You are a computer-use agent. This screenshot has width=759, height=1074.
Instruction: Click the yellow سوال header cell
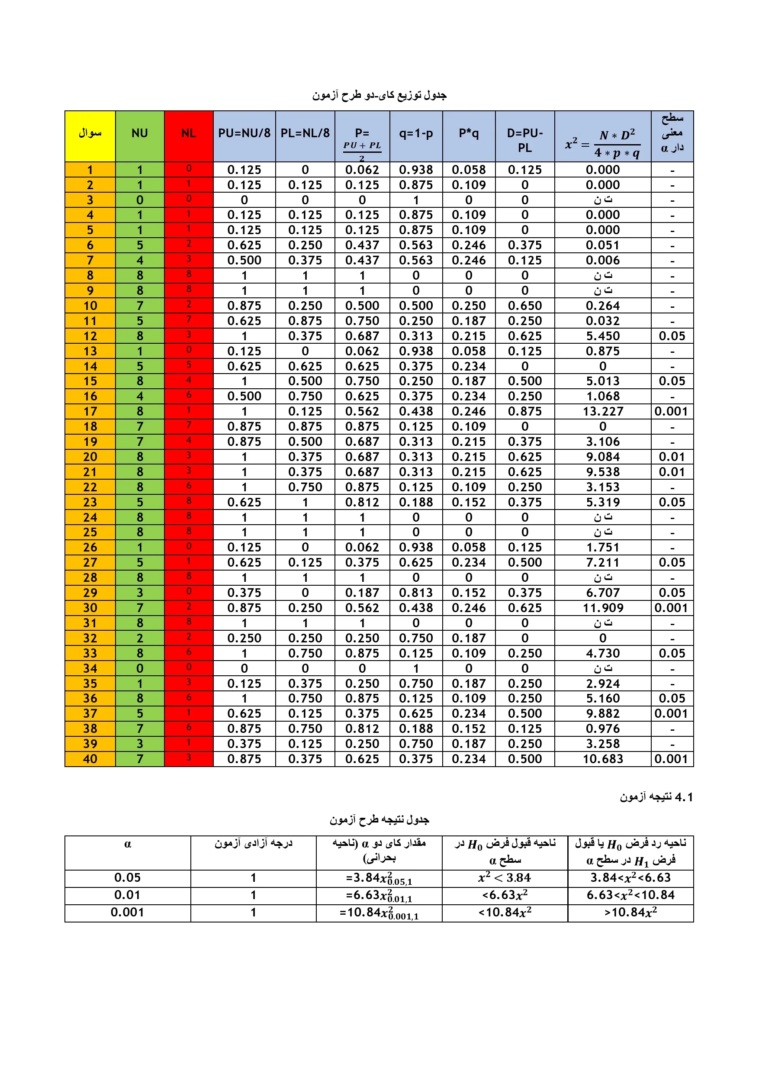(90, 133)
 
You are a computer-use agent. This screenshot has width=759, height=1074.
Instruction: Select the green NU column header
(139, 133)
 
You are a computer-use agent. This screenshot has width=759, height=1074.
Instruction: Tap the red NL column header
(189, 133)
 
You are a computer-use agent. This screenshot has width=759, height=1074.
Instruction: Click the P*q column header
(469, 133)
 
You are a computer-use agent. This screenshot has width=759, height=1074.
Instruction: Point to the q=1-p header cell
(416, 133)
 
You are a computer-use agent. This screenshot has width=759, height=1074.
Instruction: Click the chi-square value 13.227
(603, 412)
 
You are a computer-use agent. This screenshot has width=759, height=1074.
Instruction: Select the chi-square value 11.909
(603, 608)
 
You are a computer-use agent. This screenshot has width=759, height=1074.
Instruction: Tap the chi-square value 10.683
(603, 759)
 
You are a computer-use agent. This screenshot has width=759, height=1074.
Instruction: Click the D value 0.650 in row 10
(525, 306)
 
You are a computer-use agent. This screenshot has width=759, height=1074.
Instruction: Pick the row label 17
(90, 412)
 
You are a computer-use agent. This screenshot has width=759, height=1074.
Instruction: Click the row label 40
(90, 759)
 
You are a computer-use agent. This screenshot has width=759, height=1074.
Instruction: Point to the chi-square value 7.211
(603, 563)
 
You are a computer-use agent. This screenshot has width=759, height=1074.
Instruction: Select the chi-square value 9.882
(603, 714)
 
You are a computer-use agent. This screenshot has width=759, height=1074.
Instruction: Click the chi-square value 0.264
(603, 306)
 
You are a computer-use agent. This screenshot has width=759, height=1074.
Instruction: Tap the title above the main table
(379, 95)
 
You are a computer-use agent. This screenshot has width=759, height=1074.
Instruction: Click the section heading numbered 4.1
(656, 797)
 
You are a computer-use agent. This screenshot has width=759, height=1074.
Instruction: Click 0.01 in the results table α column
(128, 895)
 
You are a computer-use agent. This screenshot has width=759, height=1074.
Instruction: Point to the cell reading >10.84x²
(630, 913)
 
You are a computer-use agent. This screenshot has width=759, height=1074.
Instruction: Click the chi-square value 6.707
(603, 593)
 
